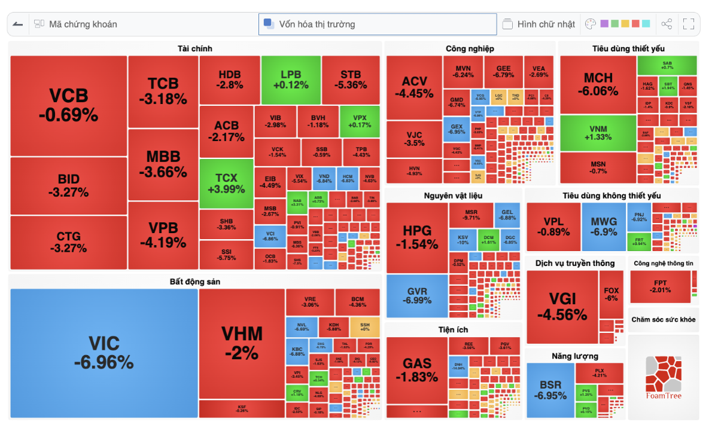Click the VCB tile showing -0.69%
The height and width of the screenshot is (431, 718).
pyautogui.click(x=68, y=105)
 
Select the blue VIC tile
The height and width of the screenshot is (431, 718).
pyautogui.click(x=104, y=353)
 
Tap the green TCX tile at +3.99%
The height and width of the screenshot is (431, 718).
pyautogui.click(x=226, y=184)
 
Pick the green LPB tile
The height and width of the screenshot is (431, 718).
pyautogui.click(x=290, y=80)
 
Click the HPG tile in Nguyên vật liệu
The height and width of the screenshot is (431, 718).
pyautogui.click(x=416, y=237)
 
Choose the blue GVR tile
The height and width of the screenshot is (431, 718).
pyautogui.click(x=416, y=295)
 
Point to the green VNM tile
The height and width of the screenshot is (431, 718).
pyautogui.click(x=598, y=133)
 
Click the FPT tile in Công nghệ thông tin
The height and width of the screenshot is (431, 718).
pyautogui.click(x=660, y=286)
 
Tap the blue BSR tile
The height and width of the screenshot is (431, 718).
pyautogui.click(x=550, y=390)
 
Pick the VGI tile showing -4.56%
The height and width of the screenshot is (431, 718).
pyautogui.click(x=562, y=307)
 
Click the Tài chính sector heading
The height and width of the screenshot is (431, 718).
pyautogui.click(x=194, y=48)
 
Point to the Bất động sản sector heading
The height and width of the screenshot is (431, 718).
pyautogui.click(x=194, y=281)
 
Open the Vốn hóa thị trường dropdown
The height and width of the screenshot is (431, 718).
pyautogui.click(x=377, y=25)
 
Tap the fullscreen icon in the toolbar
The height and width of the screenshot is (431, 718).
pyautogui.click(x=688, y=25)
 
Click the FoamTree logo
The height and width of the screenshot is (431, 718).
pyautogui.click(x=663, y=377)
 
